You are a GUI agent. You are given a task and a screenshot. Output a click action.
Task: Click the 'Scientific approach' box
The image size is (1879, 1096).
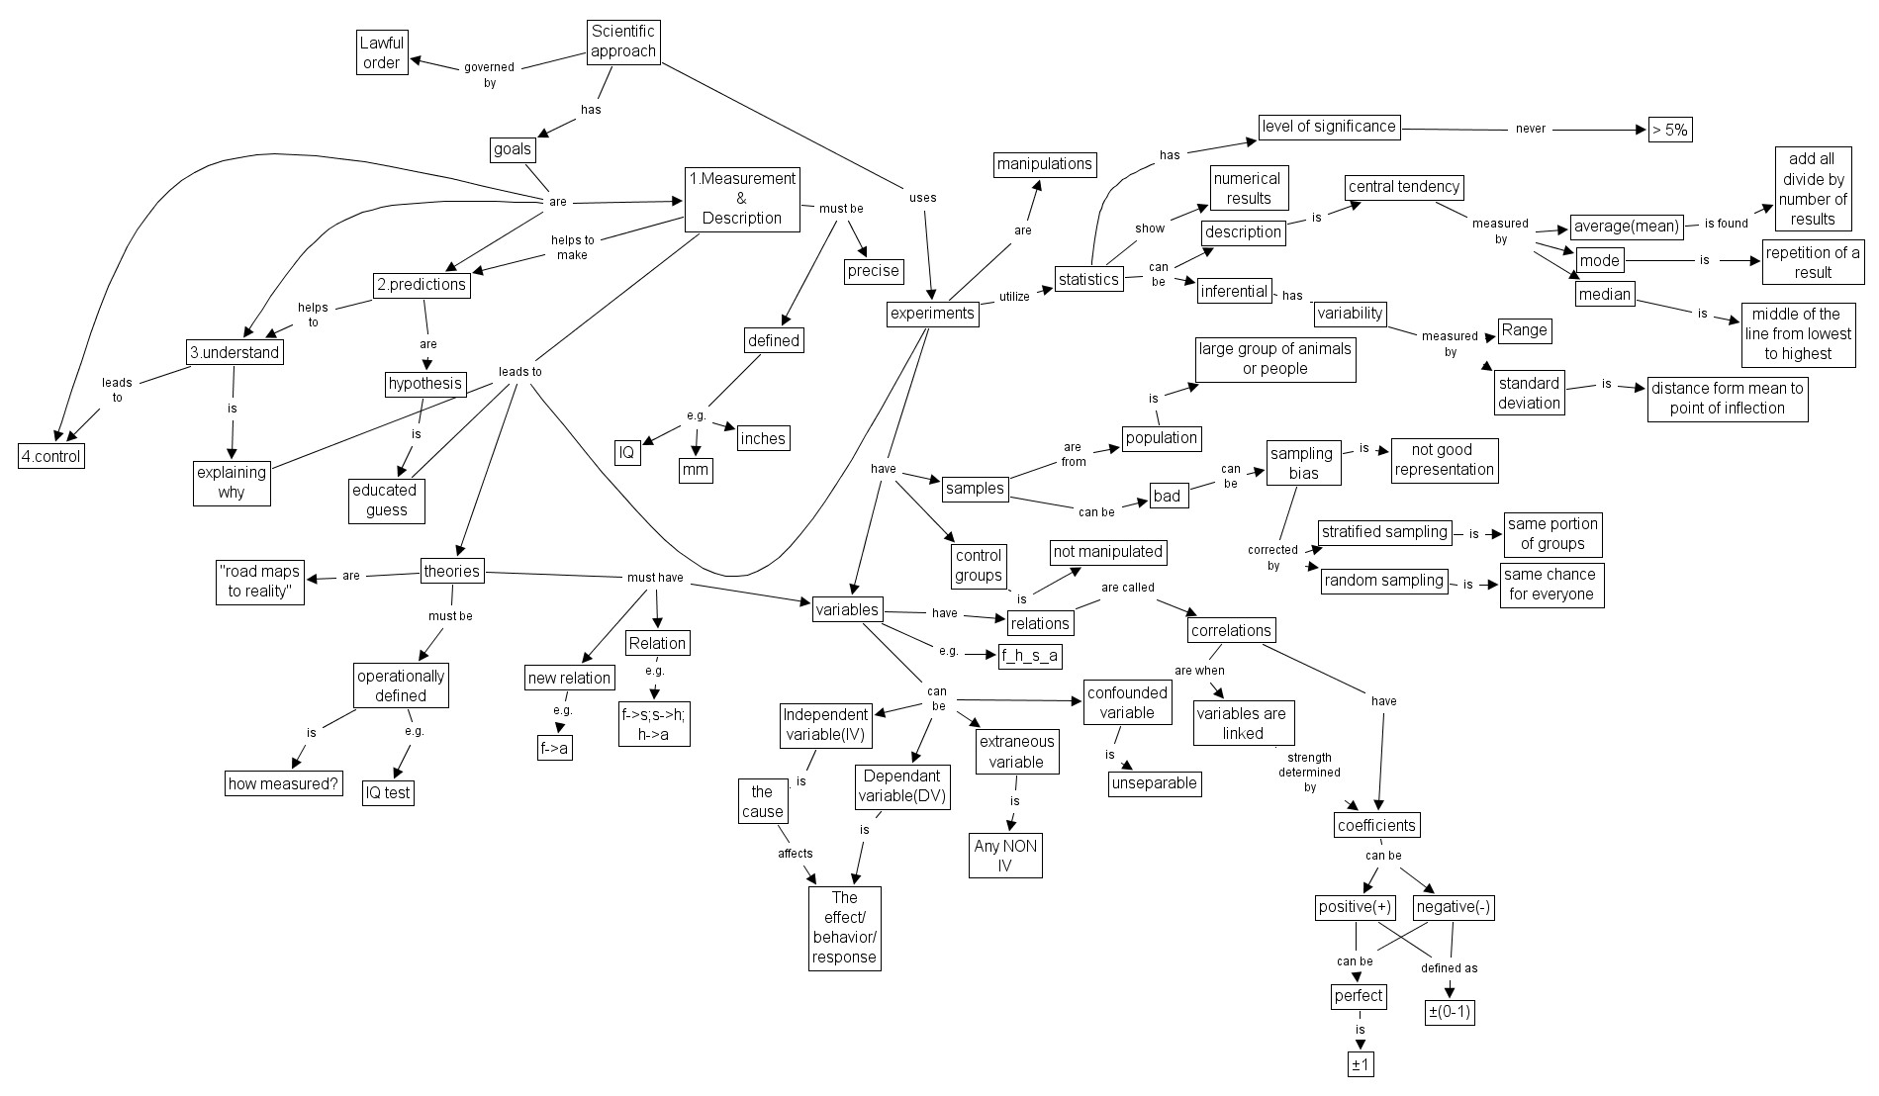pyautogui.click(x=622, y=42)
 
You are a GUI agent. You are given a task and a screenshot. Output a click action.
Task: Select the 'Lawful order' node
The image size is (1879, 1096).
pyautogui.click(x=381, y=53)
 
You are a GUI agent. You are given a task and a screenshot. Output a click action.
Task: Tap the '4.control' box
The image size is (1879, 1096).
pyautogui.click(x=51, y=456)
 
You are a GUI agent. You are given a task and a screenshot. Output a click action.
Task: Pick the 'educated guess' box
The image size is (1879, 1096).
pyautogui.click(x=386, y=501)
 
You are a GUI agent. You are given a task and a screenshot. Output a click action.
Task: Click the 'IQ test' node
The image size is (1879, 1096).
pyautogui.click(x=387, y=792)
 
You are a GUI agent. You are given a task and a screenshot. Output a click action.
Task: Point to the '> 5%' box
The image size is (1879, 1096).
pyautogui.click(x=1669, y=130)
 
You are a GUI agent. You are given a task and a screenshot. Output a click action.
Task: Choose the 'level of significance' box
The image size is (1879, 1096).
pyautogui.click(x=1329, y=127)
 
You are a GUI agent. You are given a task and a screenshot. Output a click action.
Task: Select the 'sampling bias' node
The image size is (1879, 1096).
pyautogui.click(x=1302, y=463)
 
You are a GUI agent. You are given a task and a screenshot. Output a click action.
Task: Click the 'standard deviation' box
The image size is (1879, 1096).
pyautogui.click(x=1529, y=393)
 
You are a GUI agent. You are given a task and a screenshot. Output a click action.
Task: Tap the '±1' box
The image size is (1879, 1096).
pyautogui.click(x=1361, y=1064)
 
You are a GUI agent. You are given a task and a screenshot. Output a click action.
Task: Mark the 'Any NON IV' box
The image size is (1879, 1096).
pyautogui.click(x=1005, y=856)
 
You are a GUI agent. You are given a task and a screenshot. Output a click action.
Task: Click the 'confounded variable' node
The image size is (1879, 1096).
pyautogui.click(x=1127, y=702)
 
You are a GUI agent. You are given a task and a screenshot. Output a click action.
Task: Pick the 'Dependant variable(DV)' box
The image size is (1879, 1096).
pyautogui.click(x=902, y=787)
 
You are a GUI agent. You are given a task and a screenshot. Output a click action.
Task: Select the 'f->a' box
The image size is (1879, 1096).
pyautogui.click(x=554, y=749)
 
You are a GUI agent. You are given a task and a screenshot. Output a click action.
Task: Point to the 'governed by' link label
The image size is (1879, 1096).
pyautogui.click(x=489, y=75)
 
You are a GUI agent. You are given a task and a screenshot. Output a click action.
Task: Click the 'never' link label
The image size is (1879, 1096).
pyautogui.click(x=1530, y=129)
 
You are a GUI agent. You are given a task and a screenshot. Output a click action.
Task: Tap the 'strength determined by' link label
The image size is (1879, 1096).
pyautogui.click(x=1309, y=772)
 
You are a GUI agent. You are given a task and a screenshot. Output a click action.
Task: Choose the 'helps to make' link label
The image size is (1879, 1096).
pyautogui.click(x=572, y=247)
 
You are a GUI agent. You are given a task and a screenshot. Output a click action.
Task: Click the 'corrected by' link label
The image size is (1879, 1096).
pyautogui.click(x=1272, y=557)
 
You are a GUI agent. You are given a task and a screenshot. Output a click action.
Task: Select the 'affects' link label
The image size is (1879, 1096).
pyautogui.click(x=795, y=853)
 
